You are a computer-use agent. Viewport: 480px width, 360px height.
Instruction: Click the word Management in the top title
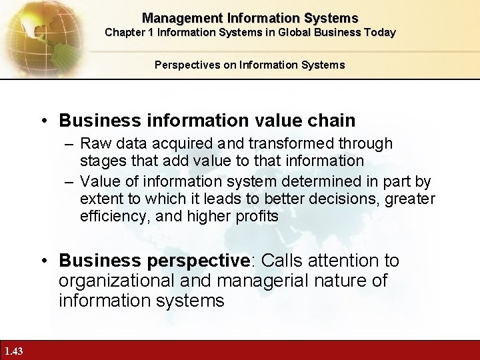[x=175, y=19]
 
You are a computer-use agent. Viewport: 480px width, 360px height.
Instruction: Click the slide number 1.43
[x=13, y=351]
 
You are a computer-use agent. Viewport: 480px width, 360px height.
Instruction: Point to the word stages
[x=101, y=161]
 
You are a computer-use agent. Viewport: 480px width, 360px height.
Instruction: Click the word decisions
[x=337, y=199]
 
